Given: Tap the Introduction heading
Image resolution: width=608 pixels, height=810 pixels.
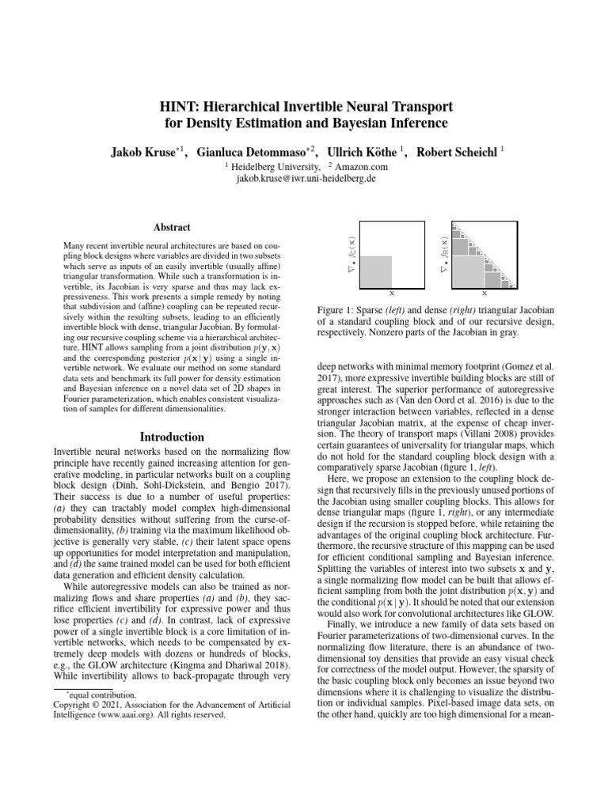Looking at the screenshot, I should pos(172,437).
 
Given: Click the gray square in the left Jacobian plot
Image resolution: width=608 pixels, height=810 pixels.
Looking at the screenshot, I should pos(375,271).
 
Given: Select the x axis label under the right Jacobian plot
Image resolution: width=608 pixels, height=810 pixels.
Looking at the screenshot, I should pos(484,291).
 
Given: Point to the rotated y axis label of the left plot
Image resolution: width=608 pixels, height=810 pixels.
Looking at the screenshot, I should pos(352,254).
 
